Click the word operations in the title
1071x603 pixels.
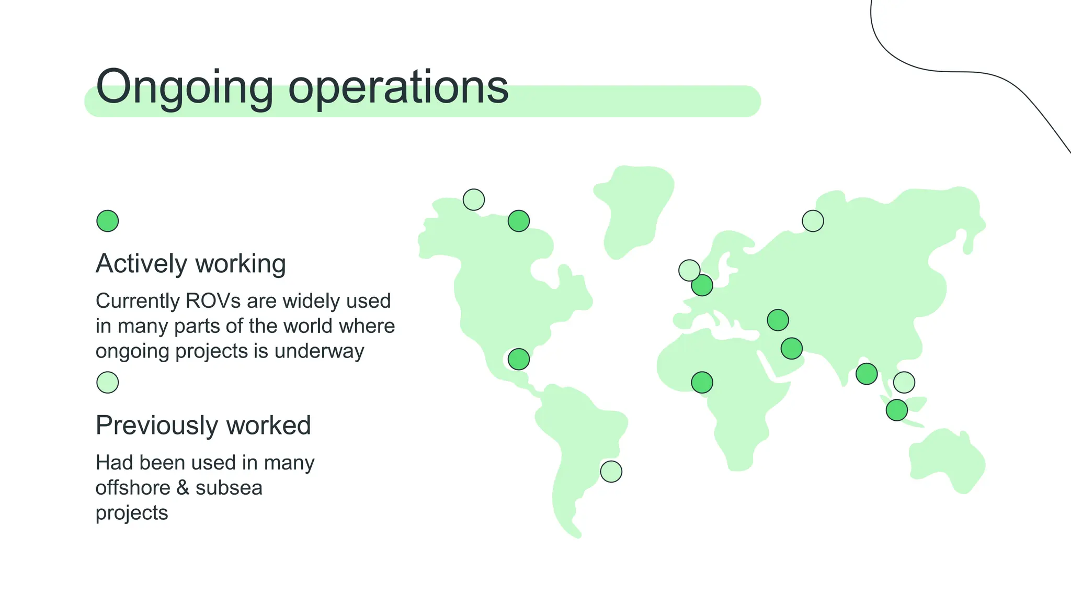coord(398,87)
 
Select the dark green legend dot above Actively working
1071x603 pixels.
coord(108,221)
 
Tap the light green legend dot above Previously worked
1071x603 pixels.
coord(108,383)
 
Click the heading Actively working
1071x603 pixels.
coord(190,264)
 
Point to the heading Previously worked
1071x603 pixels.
coord(203,426)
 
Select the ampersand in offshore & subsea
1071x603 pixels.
coord(183,488)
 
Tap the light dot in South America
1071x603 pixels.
coord(611,472)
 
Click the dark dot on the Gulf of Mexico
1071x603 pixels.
coord(519,360)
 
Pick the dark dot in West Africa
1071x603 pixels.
coord(702,383)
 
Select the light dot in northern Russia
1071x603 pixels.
coord(813,221)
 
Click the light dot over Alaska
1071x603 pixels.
coord(474,199)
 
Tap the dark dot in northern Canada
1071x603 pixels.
coord(519,221)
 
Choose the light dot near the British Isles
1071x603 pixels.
coord(689,270)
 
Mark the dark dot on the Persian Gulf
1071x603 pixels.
coord(791,348)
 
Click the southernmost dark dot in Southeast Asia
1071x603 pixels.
coord(896,410)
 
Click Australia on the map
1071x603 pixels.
coord(947,461)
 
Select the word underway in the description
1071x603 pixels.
coord(319,351)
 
